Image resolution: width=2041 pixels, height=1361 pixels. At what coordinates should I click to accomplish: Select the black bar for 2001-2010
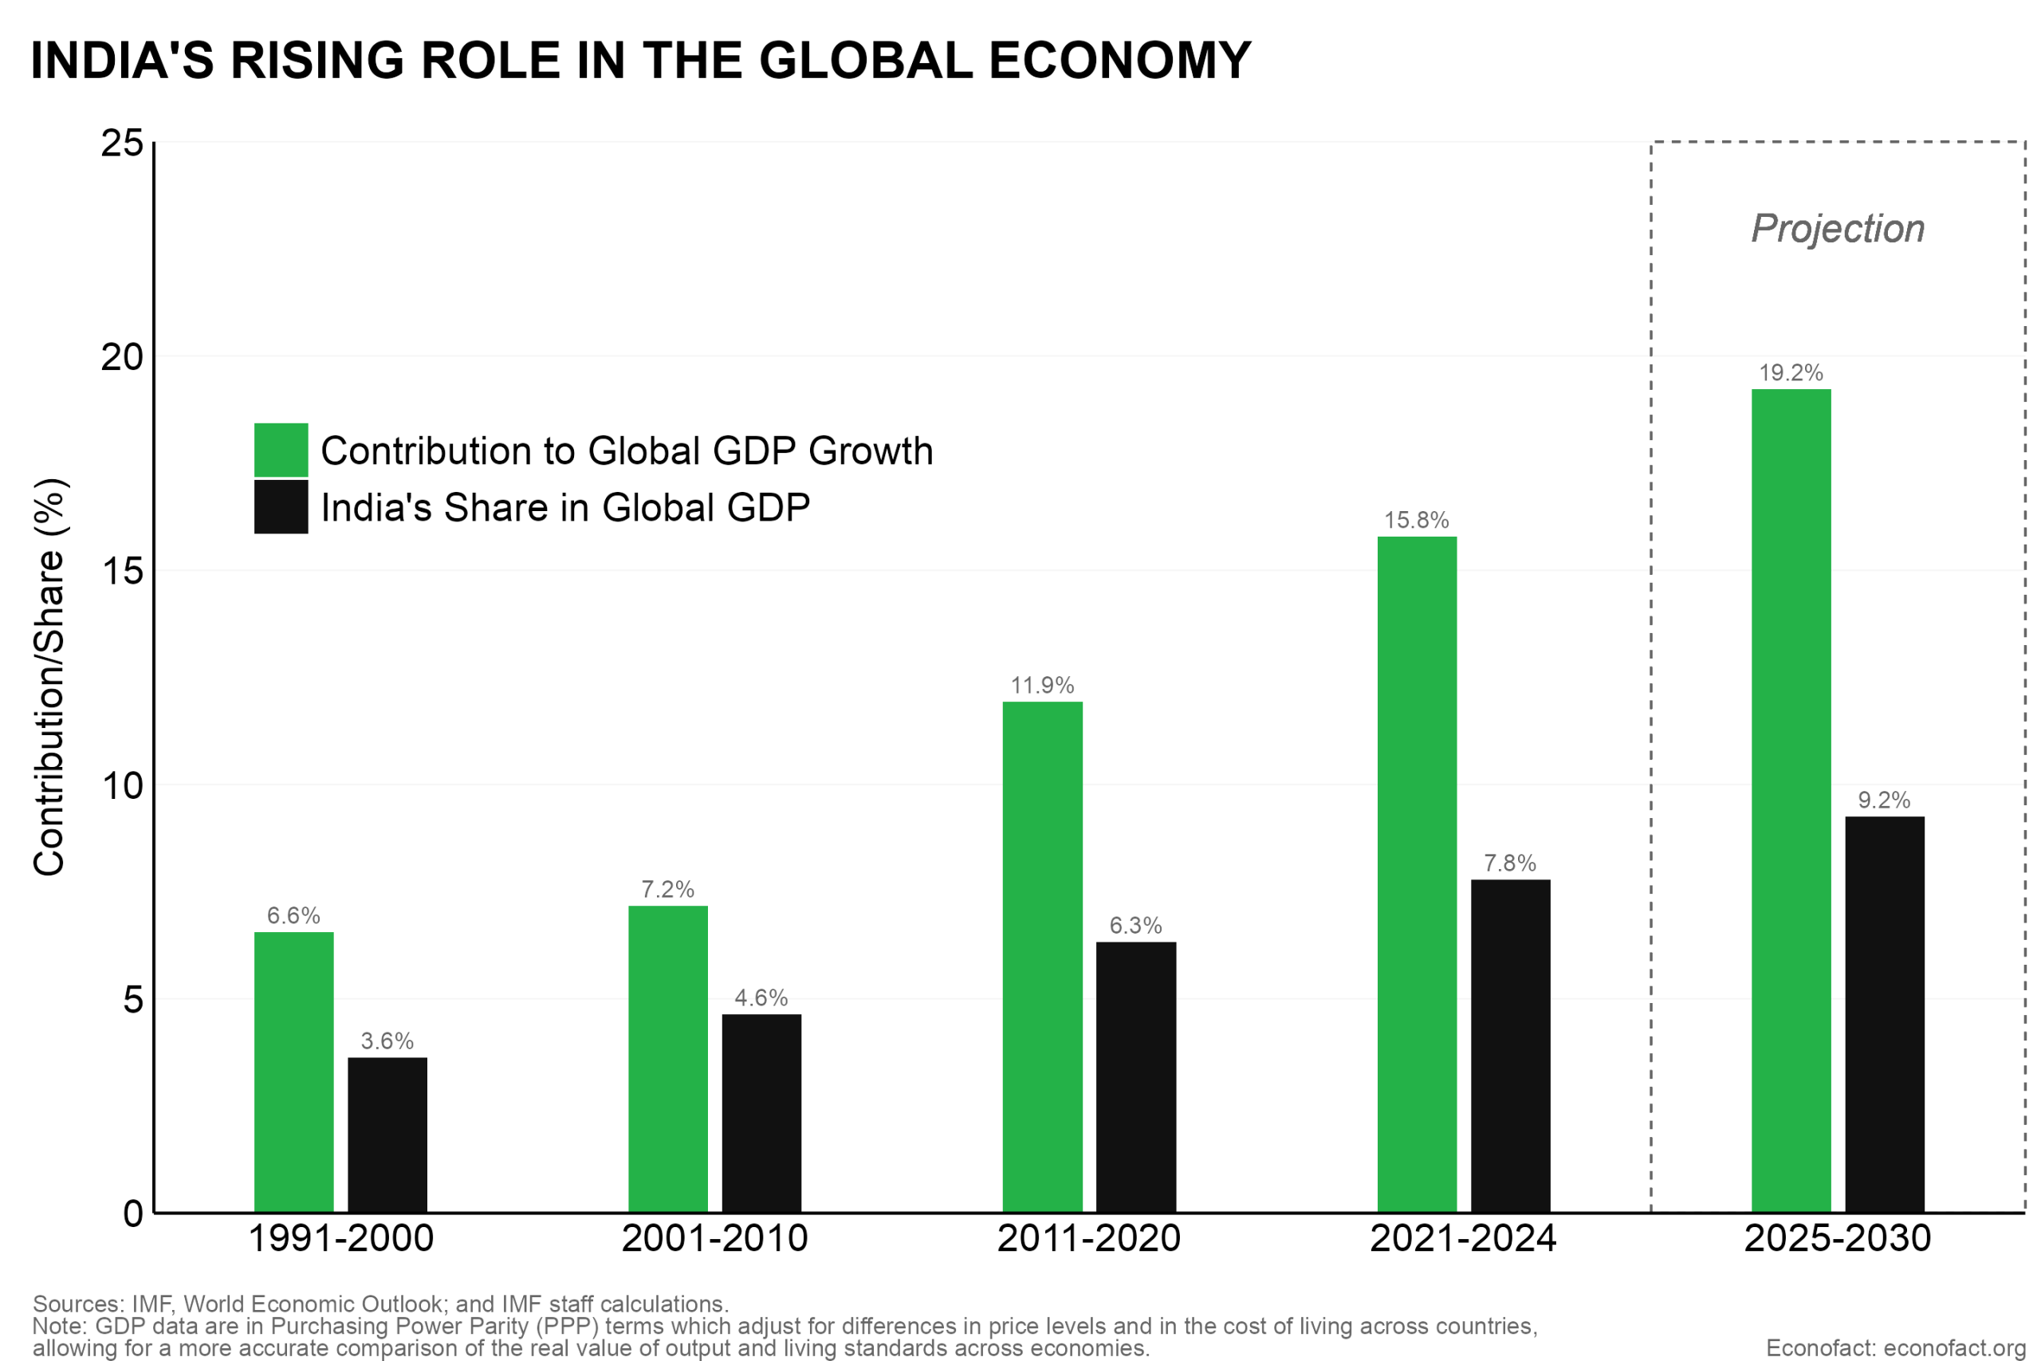(761, 1113)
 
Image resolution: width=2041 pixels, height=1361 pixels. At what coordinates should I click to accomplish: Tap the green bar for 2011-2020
(1042, 957)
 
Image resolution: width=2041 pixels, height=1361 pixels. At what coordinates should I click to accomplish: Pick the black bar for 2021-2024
(1510, 1046)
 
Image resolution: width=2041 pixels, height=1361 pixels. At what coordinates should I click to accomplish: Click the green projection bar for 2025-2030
(1791, 800)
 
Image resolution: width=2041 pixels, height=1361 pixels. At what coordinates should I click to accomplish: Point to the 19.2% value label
(1791, 373)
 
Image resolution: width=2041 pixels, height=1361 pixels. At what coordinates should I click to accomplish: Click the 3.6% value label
(387, 1040)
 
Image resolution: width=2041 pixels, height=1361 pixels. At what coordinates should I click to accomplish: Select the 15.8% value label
(1416, 521)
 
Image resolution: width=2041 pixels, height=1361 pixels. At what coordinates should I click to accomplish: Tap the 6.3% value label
(1135, 925)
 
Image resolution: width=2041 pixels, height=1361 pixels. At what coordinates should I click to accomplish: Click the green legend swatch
(281, 450)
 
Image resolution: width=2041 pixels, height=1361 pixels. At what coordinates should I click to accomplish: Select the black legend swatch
(281, 507)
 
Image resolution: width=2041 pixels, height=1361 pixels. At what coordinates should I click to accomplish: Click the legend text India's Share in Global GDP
(565, 508)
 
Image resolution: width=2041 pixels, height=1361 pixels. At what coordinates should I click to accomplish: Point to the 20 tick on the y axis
(121, 356)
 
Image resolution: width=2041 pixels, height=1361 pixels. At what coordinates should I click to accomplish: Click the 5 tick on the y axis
(132, 1000)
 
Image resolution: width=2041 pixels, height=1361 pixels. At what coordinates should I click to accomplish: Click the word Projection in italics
(1838, 229)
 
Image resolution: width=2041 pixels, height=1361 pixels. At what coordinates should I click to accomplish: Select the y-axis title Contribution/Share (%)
(49, 677)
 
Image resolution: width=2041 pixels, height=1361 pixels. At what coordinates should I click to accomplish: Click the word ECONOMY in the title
(1119, 61)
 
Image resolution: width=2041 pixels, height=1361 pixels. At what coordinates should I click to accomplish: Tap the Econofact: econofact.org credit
(1895, 1349)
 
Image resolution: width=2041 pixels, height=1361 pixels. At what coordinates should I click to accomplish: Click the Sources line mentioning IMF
(380, 1304)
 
